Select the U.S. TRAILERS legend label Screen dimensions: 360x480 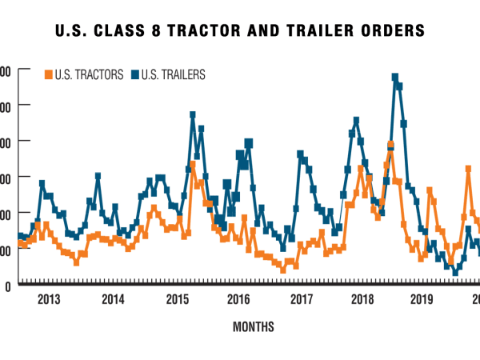[173, 74]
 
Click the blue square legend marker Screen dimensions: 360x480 [134, 74]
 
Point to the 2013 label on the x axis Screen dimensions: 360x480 [50, 300]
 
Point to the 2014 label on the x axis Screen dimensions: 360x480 [113, 300]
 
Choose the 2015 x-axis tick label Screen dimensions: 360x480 [175, 300]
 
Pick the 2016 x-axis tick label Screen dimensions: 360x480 [238, 300]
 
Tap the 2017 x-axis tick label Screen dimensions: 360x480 [300, 300]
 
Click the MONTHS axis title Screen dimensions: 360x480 [254, 326]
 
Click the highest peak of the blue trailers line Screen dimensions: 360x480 [395, 77]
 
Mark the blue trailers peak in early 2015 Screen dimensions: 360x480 [193, 115]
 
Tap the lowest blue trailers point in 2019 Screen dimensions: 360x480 [455, 273]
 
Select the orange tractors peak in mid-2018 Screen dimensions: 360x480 [390, 145]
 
